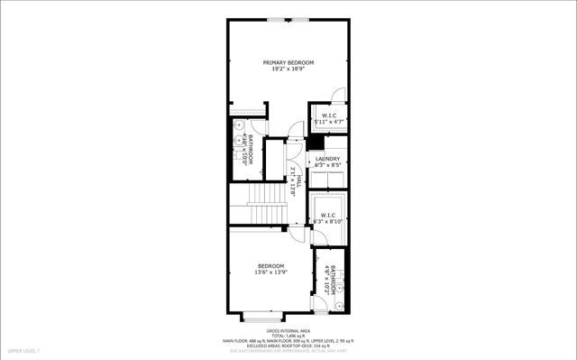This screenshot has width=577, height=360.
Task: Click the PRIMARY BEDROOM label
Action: [288, 62]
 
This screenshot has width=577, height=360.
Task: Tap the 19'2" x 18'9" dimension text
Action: [288, 69]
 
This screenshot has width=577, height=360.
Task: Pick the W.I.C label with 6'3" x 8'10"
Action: [327, 215]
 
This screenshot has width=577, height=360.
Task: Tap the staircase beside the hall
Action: [266, 193]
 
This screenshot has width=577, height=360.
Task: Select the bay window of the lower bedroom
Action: [262, 318]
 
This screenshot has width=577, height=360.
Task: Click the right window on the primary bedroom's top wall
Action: [301, 18]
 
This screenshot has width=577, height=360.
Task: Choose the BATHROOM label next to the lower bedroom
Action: [332, 280]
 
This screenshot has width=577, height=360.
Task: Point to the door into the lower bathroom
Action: [321, 261]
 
